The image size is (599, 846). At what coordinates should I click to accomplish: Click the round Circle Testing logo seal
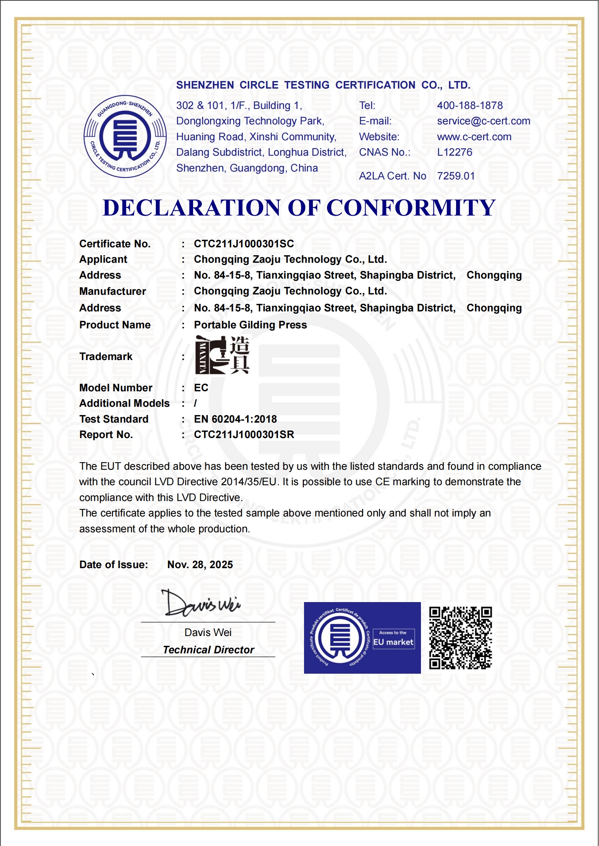[x=125, y=136]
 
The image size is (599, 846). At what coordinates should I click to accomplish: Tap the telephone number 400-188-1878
[x=470, y=106]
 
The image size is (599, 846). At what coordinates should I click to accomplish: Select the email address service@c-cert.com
[x=484, y=121]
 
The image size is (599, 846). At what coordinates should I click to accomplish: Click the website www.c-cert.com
[x=474, y=137]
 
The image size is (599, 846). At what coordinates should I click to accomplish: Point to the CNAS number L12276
[x=455, y=152]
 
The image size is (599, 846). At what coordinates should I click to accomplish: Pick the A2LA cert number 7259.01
[x=456, y=176]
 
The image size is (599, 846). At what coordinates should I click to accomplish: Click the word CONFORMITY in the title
[x=411, y=208]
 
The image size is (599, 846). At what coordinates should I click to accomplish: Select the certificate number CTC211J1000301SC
[x=244, y=244]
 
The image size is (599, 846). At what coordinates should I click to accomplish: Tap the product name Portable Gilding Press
[x=250, y=325]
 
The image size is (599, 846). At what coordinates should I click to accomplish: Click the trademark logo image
[x=222, y=355]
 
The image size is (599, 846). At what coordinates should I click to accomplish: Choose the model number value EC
[x=201, y=388]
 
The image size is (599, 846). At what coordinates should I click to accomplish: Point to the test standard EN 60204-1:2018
[x=235, y=419]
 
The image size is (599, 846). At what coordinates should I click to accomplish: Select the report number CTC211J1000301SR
[x=244, y=435]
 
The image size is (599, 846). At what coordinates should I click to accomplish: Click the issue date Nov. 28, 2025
[x=200, y=565]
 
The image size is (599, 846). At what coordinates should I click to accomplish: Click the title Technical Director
[x=208, y=650]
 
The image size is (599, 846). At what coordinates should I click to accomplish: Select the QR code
[x=460, y=638]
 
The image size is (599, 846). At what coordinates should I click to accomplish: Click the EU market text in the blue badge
[x=393, y=642]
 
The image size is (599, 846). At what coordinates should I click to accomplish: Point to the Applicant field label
[x=103, y=260]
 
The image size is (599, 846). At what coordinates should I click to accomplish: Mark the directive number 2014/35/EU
[x=249, y=482]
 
